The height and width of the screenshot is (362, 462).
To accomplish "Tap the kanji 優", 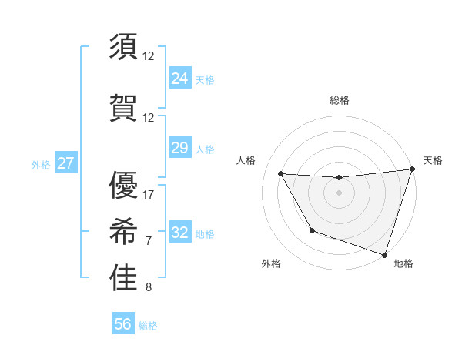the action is coord(123,185).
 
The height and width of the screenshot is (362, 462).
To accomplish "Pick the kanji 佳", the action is coord(123,278).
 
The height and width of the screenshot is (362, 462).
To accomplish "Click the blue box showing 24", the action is coord(180,79).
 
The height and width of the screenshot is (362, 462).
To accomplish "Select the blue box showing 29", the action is coord(180,149).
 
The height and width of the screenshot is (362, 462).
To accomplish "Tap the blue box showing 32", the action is coord(180,233).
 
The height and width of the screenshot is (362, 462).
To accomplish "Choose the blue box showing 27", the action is coord(65,163).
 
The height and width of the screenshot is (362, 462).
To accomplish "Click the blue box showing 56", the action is coord(123,325).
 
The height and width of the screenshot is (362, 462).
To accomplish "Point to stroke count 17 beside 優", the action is coord(149,194).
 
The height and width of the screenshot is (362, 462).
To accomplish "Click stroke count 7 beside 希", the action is coord(149,241).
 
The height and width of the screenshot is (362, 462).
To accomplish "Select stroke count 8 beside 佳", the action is coord(149,288).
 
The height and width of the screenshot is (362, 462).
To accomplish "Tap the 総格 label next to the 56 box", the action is coord(148,326).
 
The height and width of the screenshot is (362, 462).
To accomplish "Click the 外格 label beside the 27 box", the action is coord(41,164).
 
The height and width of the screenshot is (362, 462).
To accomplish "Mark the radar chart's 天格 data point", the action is coord(412,169).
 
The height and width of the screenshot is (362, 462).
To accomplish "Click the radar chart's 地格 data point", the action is coord(384,253).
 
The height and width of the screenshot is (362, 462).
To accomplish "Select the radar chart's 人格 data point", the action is coord(281,173).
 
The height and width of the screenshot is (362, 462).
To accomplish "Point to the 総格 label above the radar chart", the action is coord(339,100).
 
